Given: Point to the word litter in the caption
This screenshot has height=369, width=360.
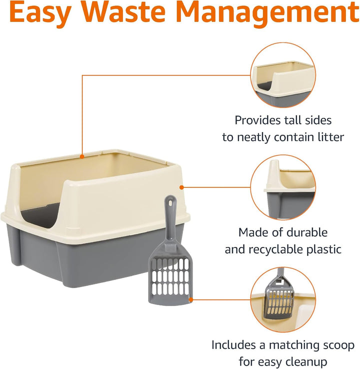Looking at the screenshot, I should pyautogui.click(x=328, y=137).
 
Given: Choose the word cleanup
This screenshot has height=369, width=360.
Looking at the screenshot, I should pyautogui.click(x=302, y=361).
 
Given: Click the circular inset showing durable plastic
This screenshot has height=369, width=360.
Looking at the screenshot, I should pyautogui.click(x=283, y=186).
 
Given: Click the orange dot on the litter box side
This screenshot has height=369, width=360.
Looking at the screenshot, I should pyautogui.click(x=181, y=187).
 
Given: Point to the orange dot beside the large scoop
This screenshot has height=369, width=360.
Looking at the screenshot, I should pyautogui.click(x=191, y=299).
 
